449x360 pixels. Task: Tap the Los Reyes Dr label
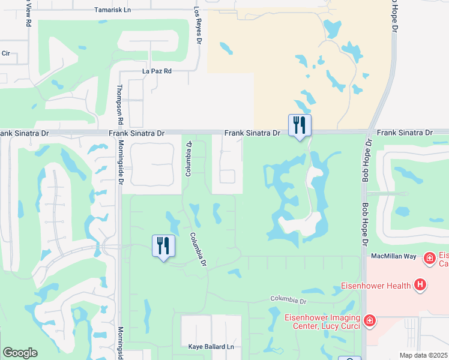click(196, 28)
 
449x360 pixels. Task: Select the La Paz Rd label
click(157, 71)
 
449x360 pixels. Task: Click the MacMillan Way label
click(393, 256)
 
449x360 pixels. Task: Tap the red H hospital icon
click(421, 285)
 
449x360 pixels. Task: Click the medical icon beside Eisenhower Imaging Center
click(370, 321)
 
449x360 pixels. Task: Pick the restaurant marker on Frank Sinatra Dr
click(300, 125)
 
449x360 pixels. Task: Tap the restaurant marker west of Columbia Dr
click(163, 245)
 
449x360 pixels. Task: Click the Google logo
click(20, 353)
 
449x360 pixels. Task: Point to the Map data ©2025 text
click(424, 355)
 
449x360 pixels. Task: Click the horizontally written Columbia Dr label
click(288, 299)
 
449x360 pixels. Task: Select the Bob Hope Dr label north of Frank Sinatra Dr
click(394, 17)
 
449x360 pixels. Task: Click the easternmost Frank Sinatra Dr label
click(404, 133)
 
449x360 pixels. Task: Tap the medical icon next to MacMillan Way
click(429, 259)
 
